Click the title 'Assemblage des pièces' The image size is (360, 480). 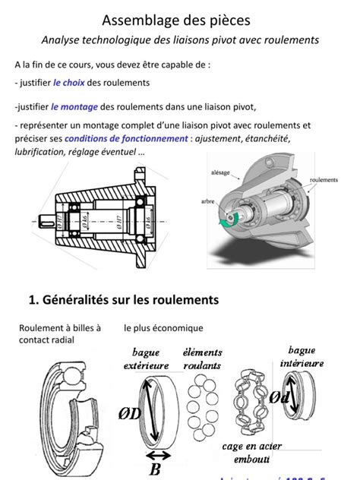pos(176,18)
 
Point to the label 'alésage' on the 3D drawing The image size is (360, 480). pos(220,173)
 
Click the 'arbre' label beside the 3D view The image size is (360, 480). pos(208,201)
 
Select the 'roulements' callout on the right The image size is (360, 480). pos(324,180)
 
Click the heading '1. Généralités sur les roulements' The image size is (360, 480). pos(124,300)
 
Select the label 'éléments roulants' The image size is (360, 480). pos(203,358)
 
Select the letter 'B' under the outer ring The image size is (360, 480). pos(155,469)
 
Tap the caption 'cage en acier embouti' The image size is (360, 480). pos(251,453)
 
